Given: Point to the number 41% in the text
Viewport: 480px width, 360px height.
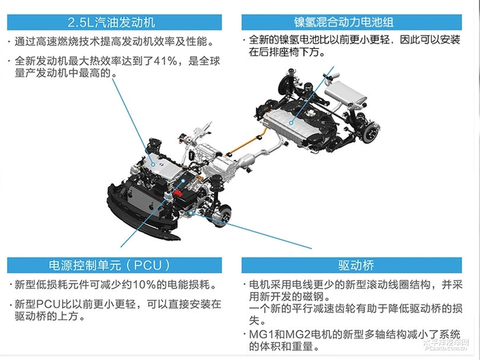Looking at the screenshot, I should click(x=164, y=61).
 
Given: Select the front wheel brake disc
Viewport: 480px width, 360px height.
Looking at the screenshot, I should click(x=223, y=212).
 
